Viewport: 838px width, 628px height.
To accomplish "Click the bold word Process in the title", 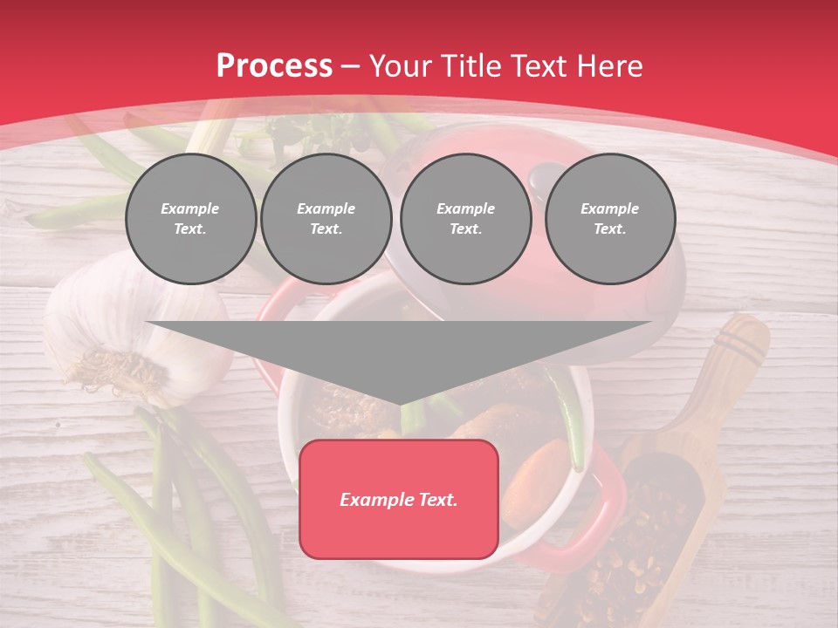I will (274, 66).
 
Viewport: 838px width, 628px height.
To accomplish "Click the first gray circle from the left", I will (190, 219).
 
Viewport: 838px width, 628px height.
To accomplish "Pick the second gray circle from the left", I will (326, 219).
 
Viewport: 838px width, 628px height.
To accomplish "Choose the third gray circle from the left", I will (465, 219).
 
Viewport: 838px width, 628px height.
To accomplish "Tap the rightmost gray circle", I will (610, 219).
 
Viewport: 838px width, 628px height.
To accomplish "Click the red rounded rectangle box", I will (399, 499).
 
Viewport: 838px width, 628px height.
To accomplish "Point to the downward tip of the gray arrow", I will (400, 403).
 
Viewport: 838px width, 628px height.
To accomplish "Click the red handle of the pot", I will (602, 515).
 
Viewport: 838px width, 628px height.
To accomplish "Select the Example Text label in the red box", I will (399, 500).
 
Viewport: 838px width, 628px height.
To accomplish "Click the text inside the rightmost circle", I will (610, 219).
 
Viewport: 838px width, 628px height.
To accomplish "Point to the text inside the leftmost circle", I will (190, 219).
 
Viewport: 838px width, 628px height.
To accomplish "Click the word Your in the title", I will (401, 66).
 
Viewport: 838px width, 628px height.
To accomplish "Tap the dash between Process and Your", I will (351, 66).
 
